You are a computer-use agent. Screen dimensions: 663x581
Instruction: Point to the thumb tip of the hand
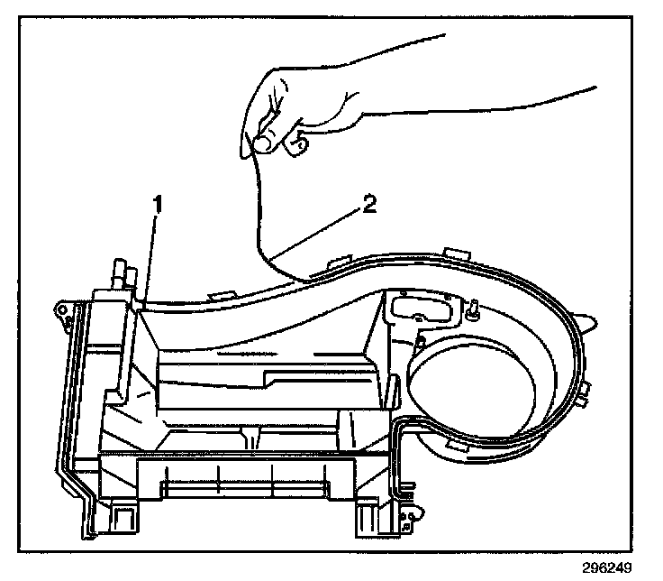(x=264, y=141)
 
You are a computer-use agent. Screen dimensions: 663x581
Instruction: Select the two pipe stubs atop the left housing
(x=120, y=271)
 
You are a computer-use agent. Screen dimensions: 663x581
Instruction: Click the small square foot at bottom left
(x=121, y=519)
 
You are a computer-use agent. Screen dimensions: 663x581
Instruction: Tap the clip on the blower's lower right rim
(x=583, y=390)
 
